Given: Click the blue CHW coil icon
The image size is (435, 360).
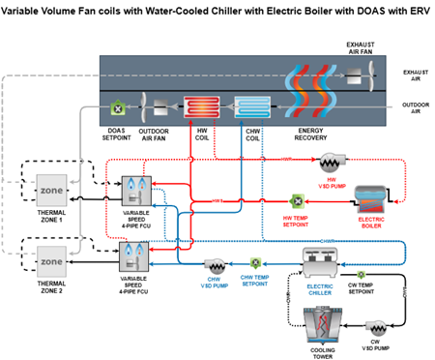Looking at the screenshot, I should (x=252, y=107).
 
